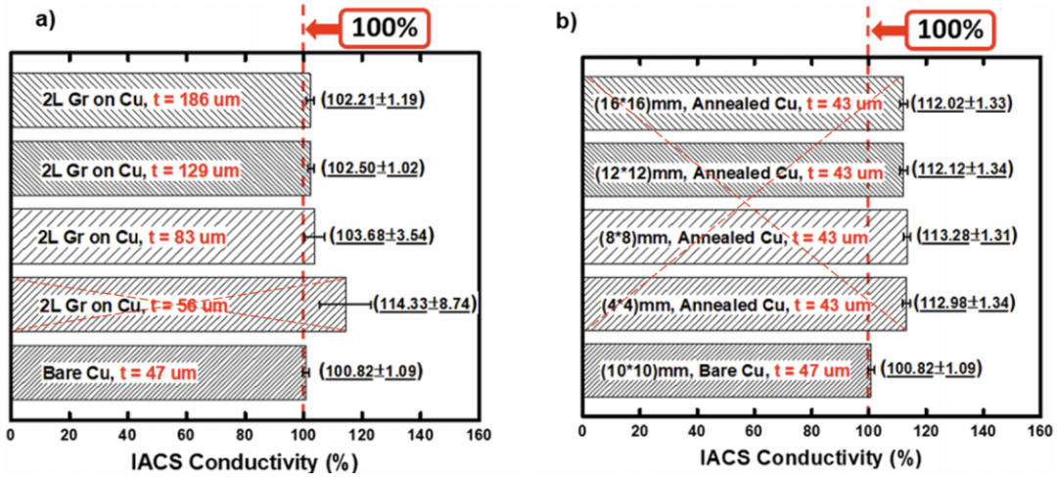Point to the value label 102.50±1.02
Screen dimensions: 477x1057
point(366,168)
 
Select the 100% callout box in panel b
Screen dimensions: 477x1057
point(948,28)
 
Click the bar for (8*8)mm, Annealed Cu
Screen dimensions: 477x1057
point(744,236)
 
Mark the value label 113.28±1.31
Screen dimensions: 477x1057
point(963,236)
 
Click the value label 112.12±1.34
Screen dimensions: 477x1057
point(961,168)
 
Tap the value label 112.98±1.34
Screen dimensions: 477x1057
point(961,305)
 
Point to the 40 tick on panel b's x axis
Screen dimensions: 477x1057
point(697,431)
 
